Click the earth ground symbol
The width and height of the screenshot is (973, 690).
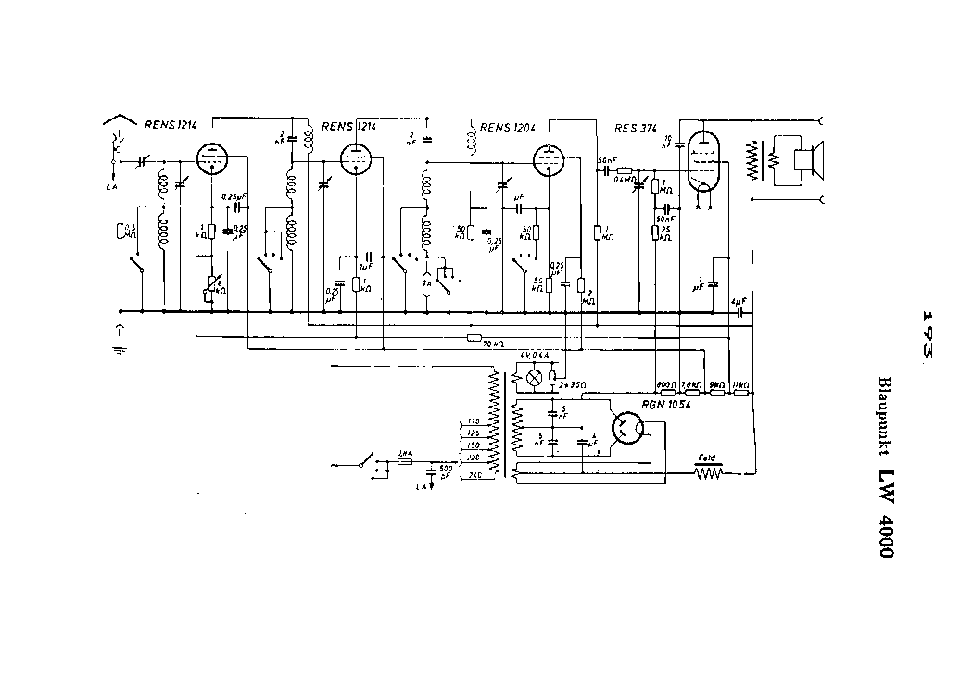pyautogui.click(x=120, y=348)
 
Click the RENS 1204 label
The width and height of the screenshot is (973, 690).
pyautogui.click(x=508, y=127)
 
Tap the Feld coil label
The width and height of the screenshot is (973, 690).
pyautogui.click(x=709, y=457)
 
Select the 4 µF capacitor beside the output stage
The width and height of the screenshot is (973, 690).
pyautogui.click(x=739, y=302)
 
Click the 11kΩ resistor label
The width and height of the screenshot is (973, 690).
pyautogui.click(x=740, y=383)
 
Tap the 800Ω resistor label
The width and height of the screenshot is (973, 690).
pyautogui.click(x=664, y=383)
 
